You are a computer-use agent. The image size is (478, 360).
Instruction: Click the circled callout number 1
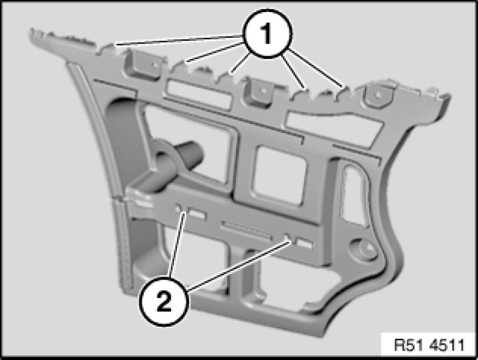click(267, 33)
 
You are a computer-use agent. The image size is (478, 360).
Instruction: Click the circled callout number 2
click(164, 301)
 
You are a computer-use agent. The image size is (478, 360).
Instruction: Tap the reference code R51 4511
click(429, 345)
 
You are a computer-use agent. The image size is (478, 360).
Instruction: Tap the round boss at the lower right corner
click(366, 249)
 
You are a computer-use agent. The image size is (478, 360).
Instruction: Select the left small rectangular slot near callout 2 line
click(197, 214)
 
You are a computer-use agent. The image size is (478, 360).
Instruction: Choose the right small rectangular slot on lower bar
click(304, 243)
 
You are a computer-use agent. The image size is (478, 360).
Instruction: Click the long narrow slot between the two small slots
click(246, 231)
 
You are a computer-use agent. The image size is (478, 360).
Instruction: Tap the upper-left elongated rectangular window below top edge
click(198, 94)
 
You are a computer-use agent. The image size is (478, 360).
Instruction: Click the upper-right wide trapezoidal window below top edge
click(333, 128)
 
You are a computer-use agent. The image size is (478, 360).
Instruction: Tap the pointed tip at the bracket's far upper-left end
click(31, 31)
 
